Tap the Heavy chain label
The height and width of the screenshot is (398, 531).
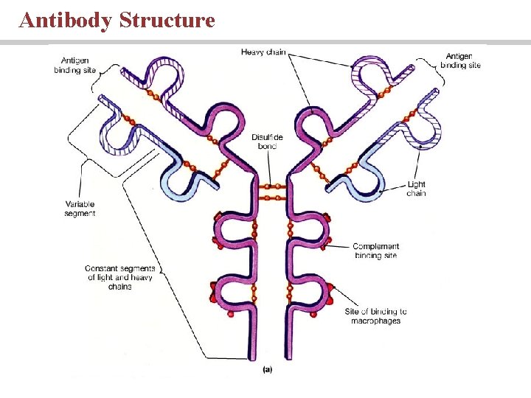[x=263, y=52]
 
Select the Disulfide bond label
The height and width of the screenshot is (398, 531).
[x=264, y=141]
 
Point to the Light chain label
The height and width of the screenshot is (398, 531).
[x=416, y=189]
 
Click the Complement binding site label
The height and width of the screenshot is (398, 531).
[x=375, y=251]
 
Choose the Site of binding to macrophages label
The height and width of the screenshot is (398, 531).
[x=375, y=316]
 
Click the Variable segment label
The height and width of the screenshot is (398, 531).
[x=80, y=209]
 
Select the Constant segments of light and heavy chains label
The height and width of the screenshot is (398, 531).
[x=119, y=277]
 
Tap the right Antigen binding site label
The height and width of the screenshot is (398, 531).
[x=461, y=60]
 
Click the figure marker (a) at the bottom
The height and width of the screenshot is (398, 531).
[x=268, y=369]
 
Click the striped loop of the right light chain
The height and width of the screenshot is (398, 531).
[x=424, y=129]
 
